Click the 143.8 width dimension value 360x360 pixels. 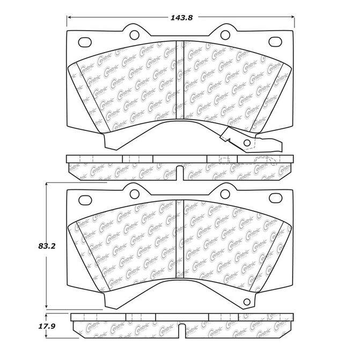tap(181, 18)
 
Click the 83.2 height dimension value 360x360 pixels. tap(47, 246)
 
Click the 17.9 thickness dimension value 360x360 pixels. tap(47, 326)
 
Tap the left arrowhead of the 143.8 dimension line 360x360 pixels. tap(69, 17)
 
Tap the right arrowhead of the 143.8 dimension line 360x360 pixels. tap(292, 17)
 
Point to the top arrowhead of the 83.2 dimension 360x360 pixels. tap(46, 185)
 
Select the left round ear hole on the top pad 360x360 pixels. tap(134, 35)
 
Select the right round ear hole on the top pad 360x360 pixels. tap(225, 35)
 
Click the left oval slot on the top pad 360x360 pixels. tap(85, 42)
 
